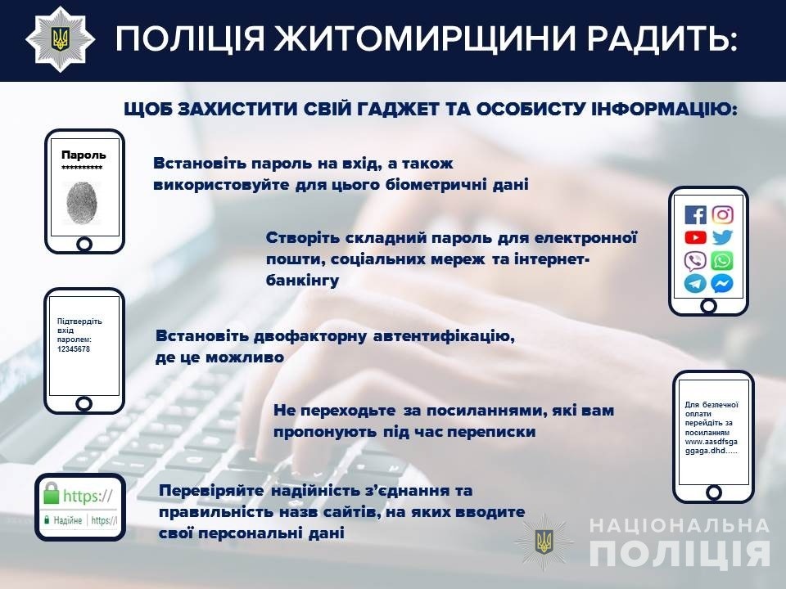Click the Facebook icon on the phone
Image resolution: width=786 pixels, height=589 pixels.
coord(695,215)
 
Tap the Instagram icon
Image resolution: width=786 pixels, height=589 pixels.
coord(722,215)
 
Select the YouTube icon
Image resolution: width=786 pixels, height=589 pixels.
coord(695,237)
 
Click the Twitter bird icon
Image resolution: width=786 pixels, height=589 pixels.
coord(722,237)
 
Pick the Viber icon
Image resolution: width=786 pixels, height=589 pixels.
coord(695,260)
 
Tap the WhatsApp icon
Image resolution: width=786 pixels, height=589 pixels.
coord(722,260)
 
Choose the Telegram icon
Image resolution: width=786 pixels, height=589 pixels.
coord(695,284)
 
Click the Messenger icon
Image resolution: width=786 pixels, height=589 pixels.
coord(722,284)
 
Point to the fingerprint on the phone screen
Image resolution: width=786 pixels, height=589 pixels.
coord(81,203)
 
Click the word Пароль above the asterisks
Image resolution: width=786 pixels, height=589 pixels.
coord(84,155)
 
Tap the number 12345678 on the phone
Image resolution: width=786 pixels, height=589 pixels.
coord(74,349)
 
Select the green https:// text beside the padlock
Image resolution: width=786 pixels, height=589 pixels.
coord(88,496)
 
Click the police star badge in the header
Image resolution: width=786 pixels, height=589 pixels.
coord(61,39)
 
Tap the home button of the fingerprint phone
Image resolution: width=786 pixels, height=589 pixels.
coord(84,245)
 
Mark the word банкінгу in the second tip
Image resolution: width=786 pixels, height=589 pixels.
coord(302,281)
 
